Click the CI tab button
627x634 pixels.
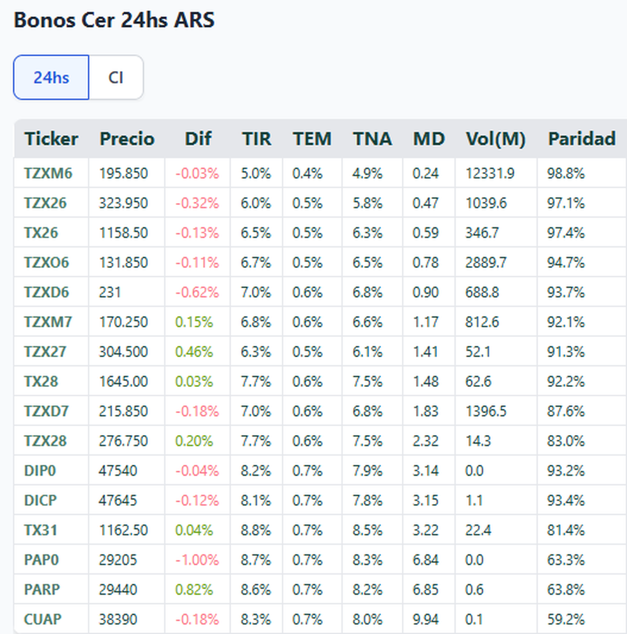tap(116, 77)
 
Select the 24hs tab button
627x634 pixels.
tap(51, 77)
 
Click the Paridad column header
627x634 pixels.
tap(582, 139)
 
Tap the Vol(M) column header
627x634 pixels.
tap(495, 139)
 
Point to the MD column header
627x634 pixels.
tap(428, 139)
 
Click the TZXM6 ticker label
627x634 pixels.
tap(48, 173)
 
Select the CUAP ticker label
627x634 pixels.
tap(43, 619)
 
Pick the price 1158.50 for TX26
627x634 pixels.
tap(123, 233)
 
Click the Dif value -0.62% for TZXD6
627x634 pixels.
tap(197, 292)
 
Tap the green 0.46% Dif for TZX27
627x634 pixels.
tap(194, 352)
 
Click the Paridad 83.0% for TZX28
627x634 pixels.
tap(566, 441)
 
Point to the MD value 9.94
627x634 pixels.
tap(425, 619)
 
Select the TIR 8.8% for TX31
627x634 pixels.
tap(256, 531)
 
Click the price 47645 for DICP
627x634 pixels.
tap(118, 501)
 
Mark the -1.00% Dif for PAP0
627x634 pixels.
tap(197, 560)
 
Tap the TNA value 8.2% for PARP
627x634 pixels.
tap(367, 590)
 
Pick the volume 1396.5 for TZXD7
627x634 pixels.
tap(486, 412)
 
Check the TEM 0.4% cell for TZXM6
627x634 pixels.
tap(307, 173)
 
